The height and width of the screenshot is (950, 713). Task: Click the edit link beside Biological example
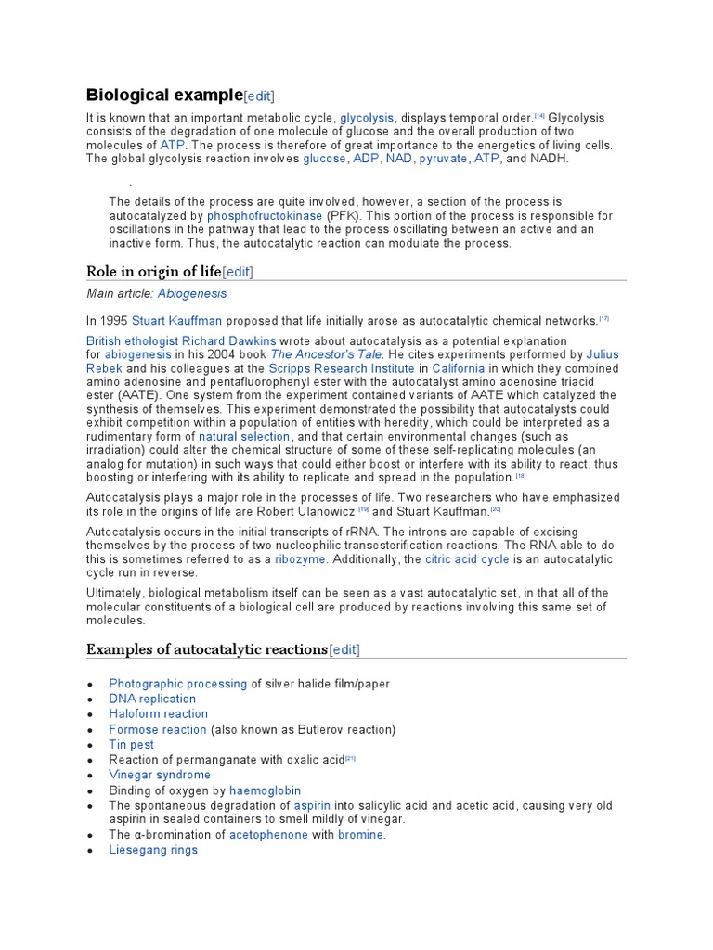[259, 96]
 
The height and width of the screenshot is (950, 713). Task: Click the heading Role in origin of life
[153, 271]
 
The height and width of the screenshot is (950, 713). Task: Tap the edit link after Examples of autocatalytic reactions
[344, 648]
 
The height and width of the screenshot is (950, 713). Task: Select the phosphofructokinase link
[265, 215]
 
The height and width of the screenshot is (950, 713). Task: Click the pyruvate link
[443, 159]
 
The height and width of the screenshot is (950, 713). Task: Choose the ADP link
[366, 159]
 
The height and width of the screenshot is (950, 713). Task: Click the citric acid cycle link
[467, 559]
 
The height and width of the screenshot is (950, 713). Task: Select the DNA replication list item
[152, 699]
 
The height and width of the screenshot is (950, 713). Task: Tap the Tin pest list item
[131, 744]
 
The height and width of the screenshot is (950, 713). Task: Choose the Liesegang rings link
[153, 850]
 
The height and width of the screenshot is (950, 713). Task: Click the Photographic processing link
[178, 684]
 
